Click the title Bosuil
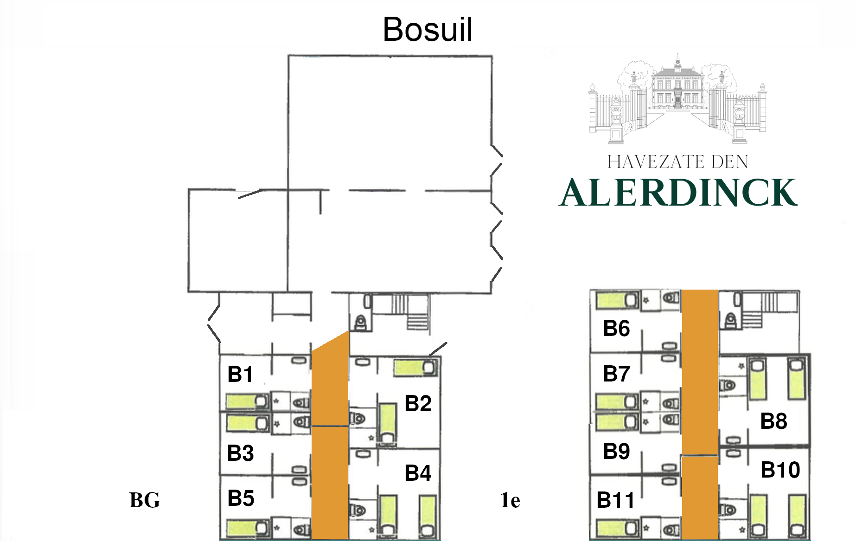428,29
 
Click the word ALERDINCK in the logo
678,192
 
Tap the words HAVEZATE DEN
677,162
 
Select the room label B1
240,374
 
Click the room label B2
418,403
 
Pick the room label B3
240,453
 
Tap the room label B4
418,473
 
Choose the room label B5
241,498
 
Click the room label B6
616,328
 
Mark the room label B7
616,374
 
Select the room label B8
773,421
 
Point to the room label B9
616,451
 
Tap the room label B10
780,470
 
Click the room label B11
615,500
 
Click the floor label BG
145,500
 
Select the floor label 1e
510,500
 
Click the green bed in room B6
617,300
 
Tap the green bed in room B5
247,528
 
